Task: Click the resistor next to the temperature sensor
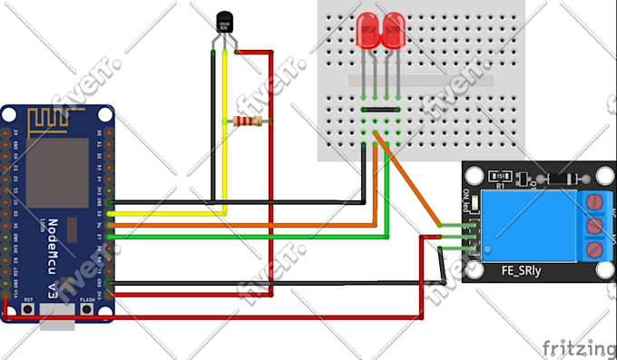tap(248, 122)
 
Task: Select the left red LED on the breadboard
tap(368, 32)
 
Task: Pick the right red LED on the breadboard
tap(393, 32)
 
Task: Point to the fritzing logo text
tap(577, 347)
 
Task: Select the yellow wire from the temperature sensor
tap(224, 136)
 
